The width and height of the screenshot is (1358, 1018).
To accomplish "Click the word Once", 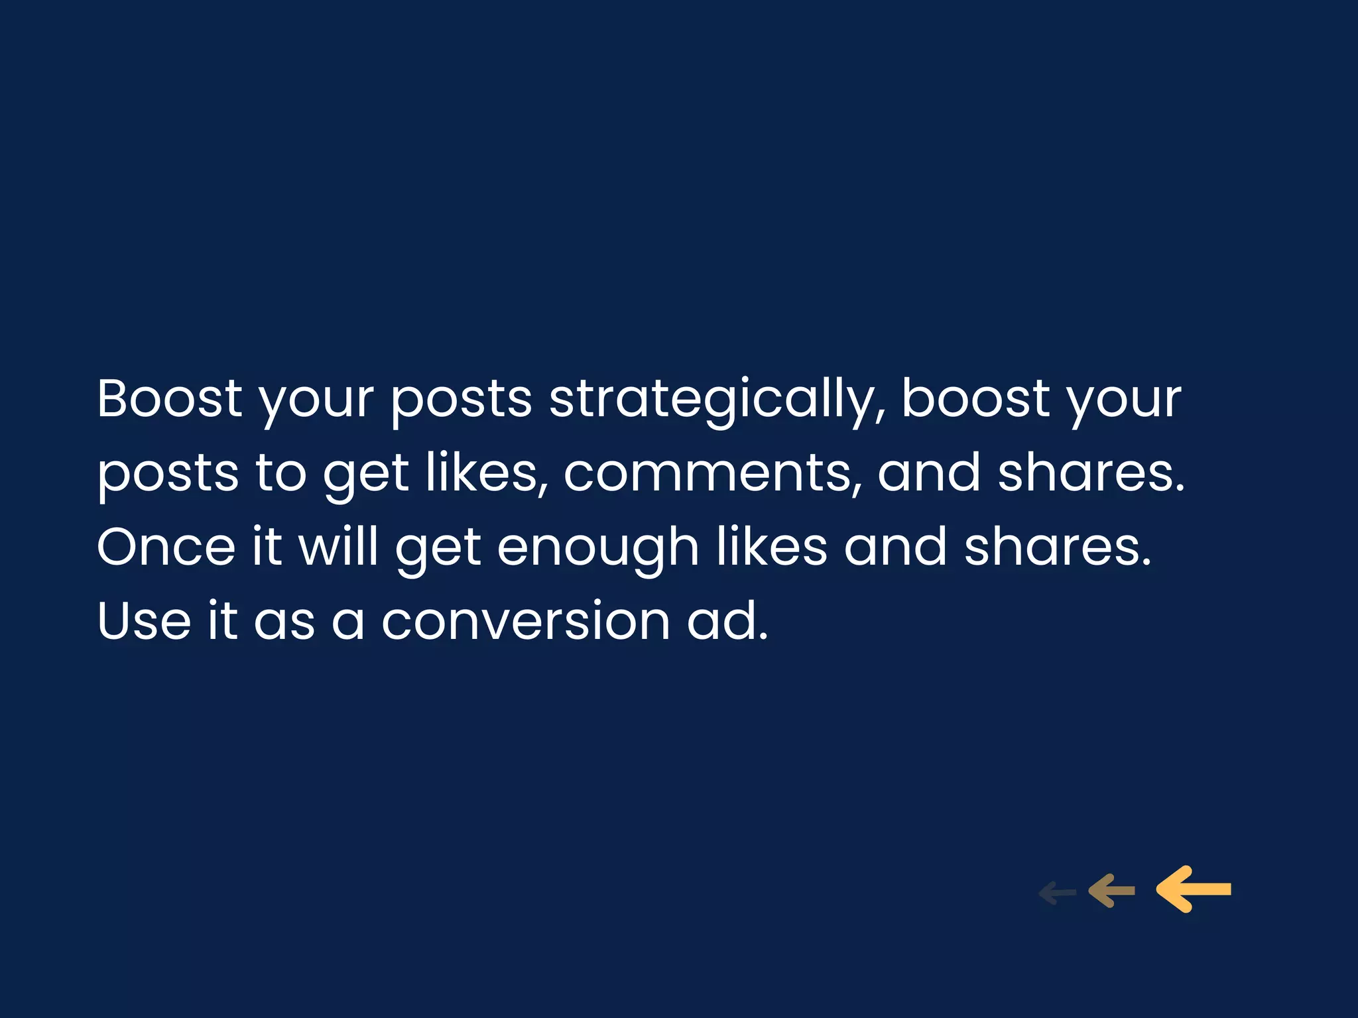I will [166, 547].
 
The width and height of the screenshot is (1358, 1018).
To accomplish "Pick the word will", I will [338, 547].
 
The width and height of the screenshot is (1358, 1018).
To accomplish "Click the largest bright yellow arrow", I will [1194, 889].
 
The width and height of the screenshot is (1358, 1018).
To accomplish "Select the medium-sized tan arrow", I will [1111, 891].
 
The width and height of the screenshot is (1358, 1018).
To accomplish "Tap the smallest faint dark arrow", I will [1057, 893].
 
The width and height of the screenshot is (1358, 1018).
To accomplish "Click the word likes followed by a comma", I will [487, 473].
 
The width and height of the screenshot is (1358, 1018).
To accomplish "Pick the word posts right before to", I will [168, 475].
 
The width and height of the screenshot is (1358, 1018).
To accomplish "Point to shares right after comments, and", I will [1091, 473].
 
